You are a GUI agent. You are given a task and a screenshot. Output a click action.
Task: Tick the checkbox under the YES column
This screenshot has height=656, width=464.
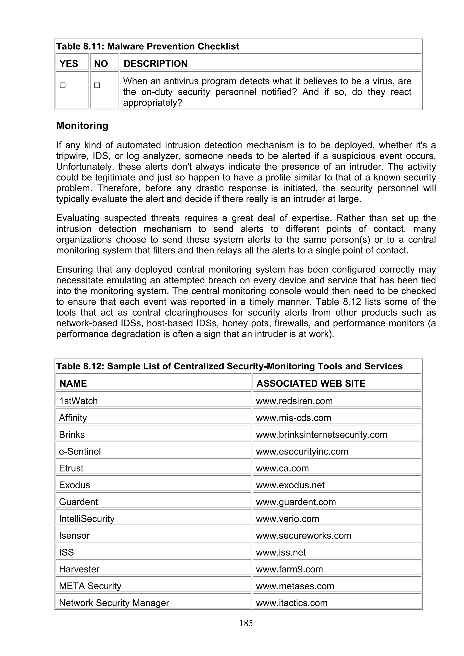click(x=63, y=85)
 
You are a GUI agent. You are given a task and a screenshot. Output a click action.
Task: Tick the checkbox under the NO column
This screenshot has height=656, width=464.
click(x=97, y=85)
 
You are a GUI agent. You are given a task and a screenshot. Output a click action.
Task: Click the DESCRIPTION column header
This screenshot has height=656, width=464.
click(x=155, y=63)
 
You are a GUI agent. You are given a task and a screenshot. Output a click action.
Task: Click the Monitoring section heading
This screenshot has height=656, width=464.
click(x=82, y=125)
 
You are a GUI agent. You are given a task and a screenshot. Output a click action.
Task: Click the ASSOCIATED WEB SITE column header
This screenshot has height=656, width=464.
click(x=311, y=383)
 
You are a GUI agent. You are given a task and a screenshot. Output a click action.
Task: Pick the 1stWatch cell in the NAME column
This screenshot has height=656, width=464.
click(x=78, y=401)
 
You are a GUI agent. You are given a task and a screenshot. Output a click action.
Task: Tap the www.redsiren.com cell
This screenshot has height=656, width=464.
click(x=294, y=401)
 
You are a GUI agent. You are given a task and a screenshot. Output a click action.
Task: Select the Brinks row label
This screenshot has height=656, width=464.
click(x=72, y=435)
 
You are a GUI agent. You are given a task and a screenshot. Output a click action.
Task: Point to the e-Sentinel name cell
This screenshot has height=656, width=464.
click(x=80, y=451)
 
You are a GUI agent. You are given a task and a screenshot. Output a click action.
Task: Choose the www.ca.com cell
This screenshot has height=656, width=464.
click(x=282, y=468)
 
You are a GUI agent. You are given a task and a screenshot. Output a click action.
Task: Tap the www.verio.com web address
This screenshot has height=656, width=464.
click(x=287, y=519)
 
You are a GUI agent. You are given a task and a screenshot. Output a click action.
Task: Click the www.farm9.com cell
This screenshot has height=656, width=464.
click(x=289, y=569)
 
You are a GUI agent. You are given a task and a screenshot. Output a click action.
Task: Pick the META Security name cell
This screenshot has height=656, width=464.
click(x=90, y=586)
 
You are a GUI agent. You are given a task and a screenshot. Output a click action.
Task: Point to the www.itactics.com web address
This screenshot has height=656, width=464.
click(x=292, y=603)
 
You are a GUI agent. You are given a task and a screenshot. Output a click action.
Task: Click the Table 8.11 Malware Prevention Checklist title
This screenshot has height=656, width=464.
click(x=147, y=46)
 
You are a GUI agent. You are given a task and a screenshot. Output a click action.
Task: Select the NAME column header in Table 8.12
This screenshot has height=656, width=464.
click(x=73, y=383)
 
